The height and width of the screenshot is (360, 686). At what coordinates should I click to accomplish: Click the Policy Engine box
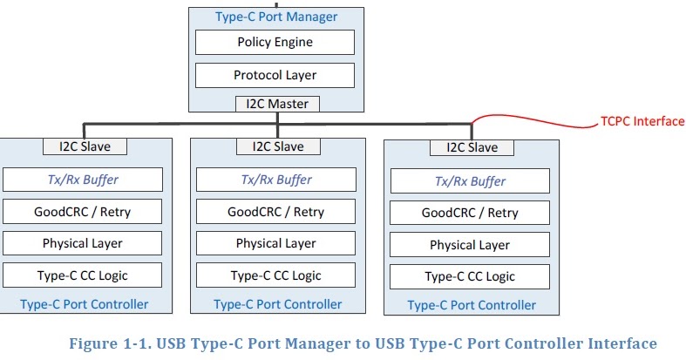click(275, 42)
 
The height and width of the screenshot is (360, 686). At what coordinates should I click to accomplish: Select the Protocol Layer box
click(275, 75)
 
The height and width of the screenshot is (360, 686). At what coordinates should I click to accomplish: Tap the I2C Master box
click(277, 105)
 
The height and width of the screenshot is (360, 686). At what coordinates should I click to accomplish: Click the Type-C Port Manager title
click(275, 16)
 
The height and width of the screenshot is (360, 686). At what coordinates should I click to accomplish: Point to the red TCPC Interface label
click(642, 121)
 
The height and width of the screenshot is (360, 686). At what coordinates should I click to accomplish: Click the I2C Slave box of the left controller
click(84, 146)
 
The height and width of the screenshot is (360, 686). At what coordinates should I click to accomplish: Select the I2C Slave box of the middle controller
click(277, 146)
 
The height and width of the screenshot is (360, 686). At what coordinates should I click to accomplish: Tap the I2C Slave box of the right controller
click(471, 147)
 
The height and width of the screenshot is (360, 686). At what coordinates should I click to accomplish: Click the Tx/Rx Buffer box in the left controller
click(83, 180)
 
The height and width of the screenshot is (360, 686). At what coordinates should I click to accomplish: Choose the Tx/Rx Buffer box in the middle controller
click(276, 180)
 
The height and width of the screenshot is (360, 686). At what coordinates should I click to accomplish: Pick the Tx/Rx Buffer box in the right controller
click(470, 181)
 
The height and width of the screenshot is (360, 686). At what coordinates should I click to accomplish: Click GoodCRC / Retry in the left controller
click(83, 211)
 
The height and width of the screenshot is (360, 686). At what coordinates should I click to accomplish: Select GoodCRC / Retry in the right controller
click(470, 213)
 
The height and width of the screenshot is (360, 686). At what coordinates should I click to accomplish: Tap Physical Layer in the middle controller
click(276, 243)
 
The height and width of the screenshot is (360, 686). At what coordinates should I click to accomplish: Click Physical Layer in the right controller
click(470, 245)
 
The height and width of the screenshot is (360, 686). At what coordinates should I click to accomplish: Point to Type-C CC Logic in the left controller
click(83, 275)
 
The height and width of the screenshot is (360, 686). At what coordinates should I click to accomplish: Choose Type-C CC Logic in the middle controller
click(276, 275)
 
